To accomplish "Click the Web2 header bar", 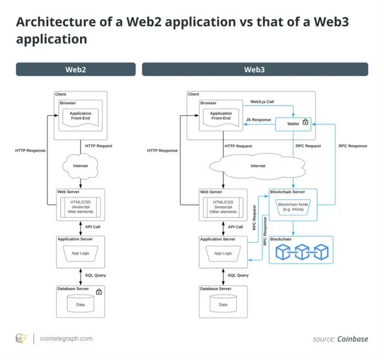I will coord(76,69).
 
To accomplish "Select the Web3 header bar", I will coord(255,69).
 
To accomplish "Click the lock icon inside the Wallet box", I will coord(305,122).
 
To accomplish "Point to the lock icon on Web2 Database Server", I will coord(99,292).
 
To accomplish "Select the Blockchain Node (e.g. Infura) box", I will coord(294,207).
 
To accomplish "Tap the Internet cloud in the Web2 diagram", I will coord(80,166).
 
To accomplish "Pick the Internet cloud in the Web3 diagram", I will coord(258,166).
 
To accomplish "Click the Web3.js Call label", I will coord(262,102).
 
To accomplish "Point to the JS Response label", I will coord(258,120).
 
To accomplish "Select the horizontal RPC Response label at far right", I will coord(353,146).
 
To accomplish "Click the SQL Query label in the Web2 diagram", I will coord(95,275).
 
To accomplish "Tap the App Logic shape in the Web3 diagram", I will coord(223,253).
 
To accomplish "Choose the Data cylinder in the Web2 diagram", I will coord(80,304).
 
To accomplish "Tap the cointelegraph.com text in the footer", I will coord(66,339).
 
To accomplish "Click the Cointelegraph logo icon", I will coord(22,339).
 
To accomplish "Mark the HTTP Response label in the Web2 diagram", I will coord(30,151).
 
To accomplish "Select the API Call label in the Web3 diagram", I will coord(235,226).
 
